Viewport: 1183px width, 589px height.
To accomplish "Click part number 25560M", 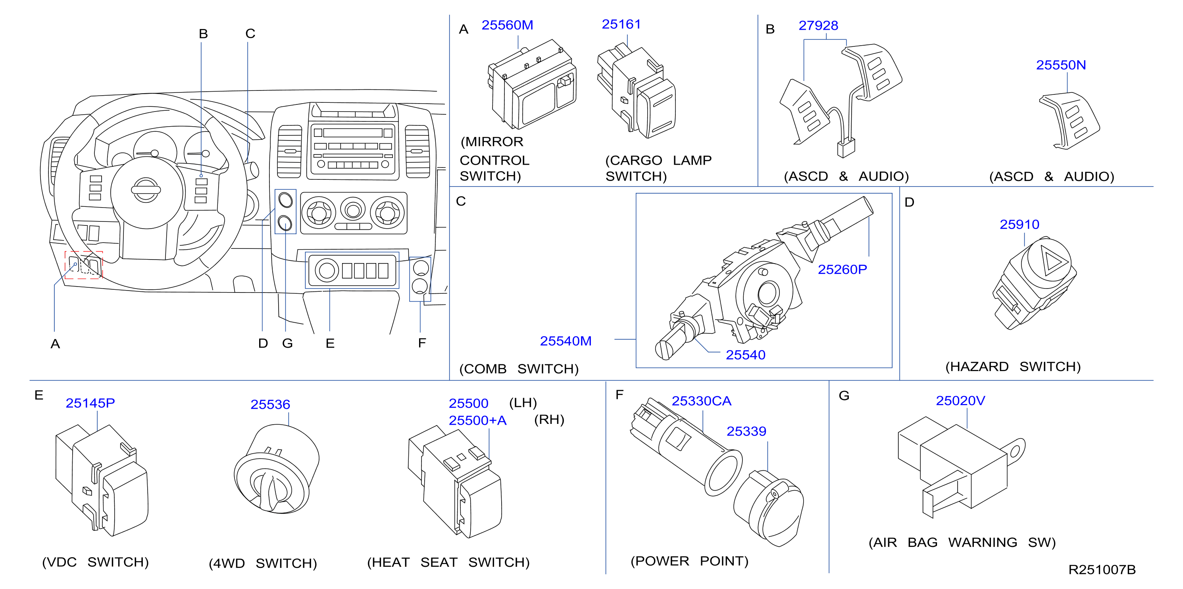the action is (x=507, y=25).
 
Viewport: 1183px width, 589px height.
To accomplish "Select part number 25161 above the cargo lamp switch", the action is (x=621, y=24).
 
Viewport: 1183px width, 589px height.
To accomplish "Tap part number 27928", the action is (x=818, y=25).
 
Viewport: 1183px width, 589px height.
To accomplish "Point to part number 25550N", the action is (x=1061, y=65).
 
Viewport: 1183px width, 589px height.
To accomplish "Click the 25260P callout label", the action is (x=842, y=269).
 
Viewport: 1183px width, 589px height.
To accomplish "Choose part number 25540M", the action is (x=566, y=341).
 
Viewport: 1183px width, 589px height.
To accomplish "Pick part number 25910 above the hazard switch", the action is (x=1019, y=224).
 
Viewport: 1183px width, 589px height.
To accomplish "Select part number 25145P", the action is (x=90, y=403).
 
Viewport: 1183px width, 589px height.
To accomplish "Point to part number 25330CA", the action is (x=701, y=401).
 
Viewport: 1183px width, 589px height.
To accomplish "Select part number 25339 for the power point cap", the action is (x=746, y=431).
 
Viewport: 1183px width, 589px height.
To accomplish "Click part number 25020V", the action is (x=960, y=400).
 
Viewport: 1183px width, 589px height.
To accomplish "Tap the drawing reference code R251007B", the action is (x=1102, y=570).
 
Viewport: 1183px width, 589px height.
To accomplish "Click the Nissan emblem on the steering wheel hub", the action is (x=146, y=190).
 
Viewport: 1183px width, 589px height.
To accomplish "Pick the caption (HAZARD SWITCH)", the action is (x=1013, y=367).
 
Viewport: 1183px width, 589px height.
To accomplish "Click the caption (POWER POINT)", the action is (x=689, y=561).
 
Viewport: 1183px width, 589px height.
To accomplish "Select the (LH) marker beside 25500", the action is (x=523, y=403).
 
